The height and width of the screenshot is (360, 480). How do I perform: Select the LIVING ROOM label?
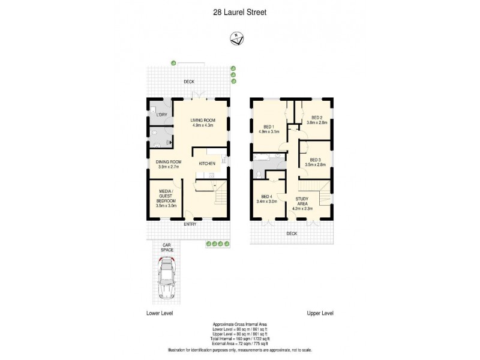click(203, 120)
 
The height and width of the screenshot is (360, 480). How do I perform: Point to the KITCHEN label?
click(208, 163)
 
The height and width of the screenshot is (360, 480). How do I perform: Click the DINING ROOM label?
click(169, 161)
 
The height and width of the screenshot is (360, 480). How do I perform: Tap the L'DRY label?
click(161, 114)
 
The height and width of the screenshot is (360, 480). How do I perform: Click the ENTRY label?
click(190, 224)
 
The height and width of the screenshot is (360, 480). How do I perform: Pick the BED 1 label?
click(266, 127)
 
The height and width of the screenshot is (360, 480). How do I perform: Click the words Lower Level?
click(159, 313)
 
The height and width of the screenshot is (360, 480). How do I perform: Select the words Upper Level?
click(320, 313)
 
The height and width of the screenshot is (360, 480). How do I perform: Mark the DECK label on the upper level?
click(292, 233)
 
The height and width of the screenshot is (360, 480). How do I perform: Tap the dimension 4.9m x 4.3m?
click(203, 125)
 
